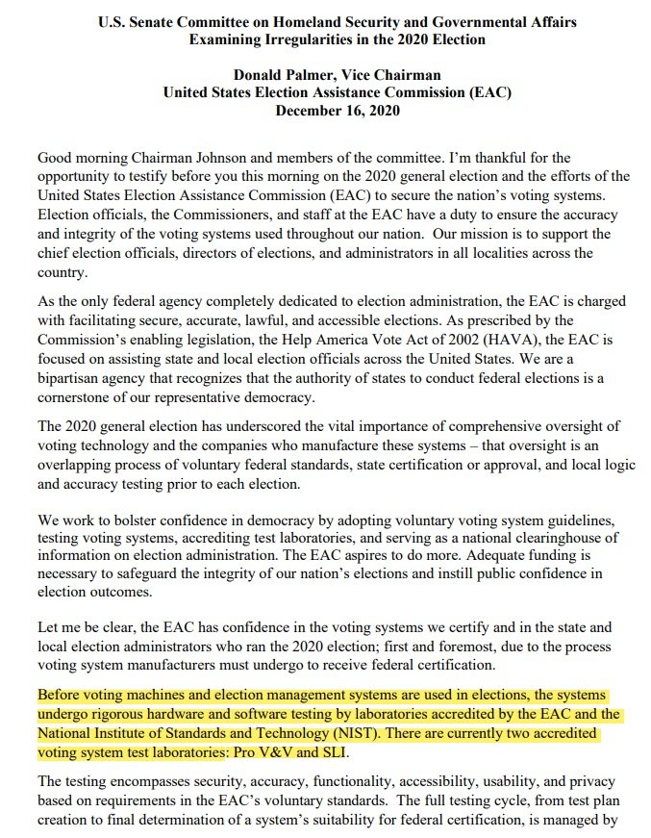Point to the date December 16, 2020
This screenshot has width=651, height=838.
click(337, 111)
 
